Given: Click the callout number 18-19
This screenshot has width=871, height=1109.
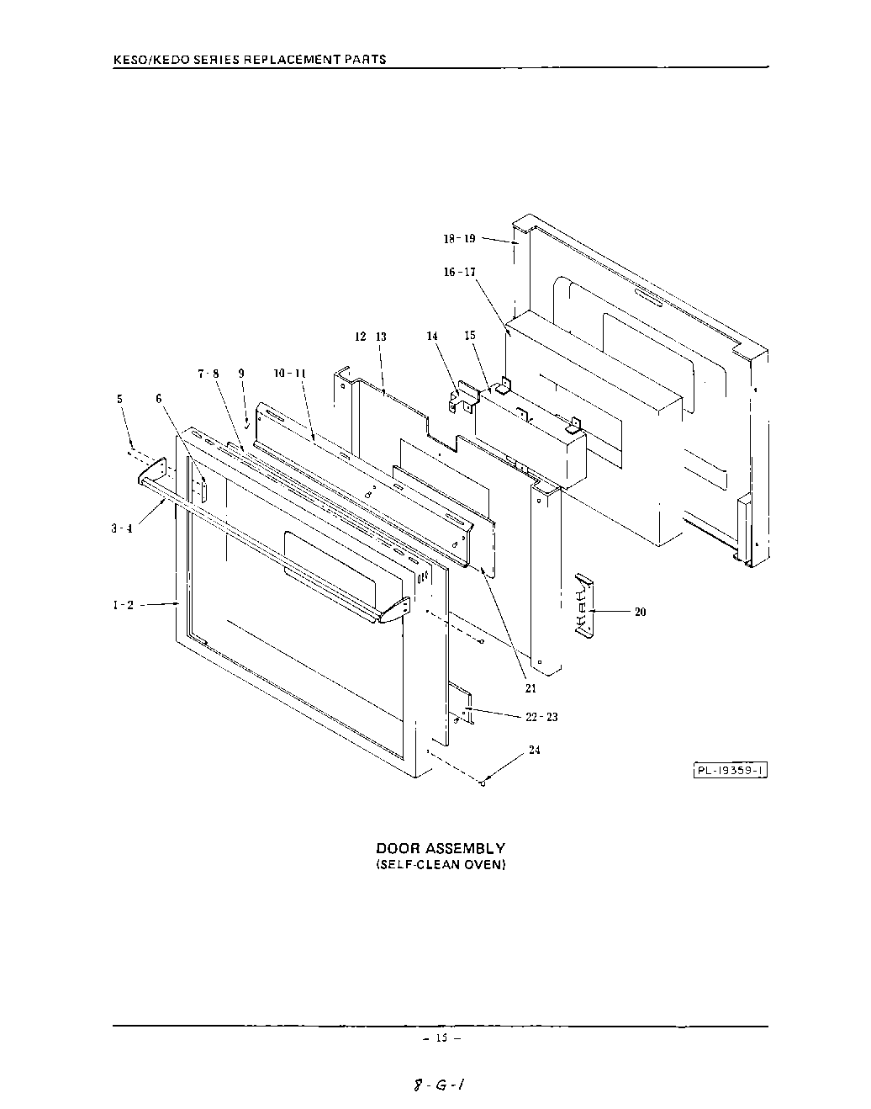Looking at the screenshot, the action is pos(459,239).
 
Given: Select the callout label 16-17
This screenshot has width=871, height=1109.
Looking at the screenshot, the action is pos(459,272).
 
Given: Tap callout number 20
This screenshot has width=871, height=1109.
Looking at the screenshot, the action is pos(640,612).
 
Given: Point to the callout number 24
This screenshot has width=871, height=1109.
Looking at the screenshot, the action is pos(535,751).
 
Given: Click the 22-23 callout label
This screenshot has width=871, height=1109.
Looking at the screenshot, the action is pos(541,717).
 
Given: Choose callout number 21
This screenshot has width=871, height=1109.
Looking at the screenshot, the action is pos(531,688).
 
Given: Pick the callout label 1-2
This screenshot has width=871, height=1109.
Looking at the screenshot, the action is pos(124,604).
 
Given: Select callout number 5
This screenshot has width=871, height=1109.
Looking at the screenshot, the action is pos(120,400).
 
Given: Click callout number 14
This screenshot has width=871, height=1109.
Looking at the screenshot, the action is pos(432,336).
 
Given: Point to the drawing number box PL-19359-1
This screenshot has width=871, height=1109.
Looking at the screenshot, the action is pos(730,770).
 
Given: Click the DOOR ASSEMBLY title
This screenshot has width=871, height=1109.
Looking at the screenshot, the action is pos(440,848).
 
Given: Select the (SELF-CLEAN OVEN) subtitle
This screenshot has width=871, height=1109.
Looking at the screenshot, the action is pos(440,865).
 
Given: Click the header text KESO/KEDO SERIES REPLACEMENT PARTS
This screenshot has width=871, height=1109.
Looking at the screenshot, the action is pos(250,60).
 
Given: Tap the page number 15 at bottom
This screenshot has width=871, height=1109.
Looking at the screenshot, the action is pos(441,1037).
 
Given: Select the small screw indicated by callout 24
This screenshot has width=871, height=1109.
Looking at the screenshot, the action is pos(483,784).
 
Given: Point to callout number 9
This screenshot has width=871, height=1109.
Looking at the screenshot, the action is pos(241,374).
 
